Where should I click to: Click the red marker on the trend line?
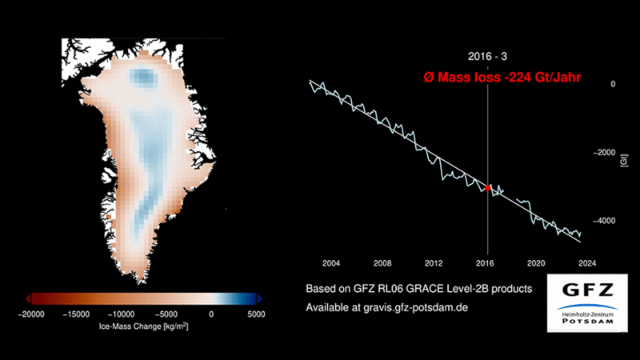coord(488,188)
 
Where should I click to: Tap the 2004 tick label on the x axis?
coord(330,262)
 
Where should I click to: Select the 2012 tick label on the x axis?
coord(434,262)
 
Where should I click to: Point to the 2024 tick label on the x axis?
coord(587,262)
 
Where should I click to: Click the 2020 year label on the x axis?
coord(536,262)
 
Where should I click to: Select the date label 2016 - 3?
coord(487,57)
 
